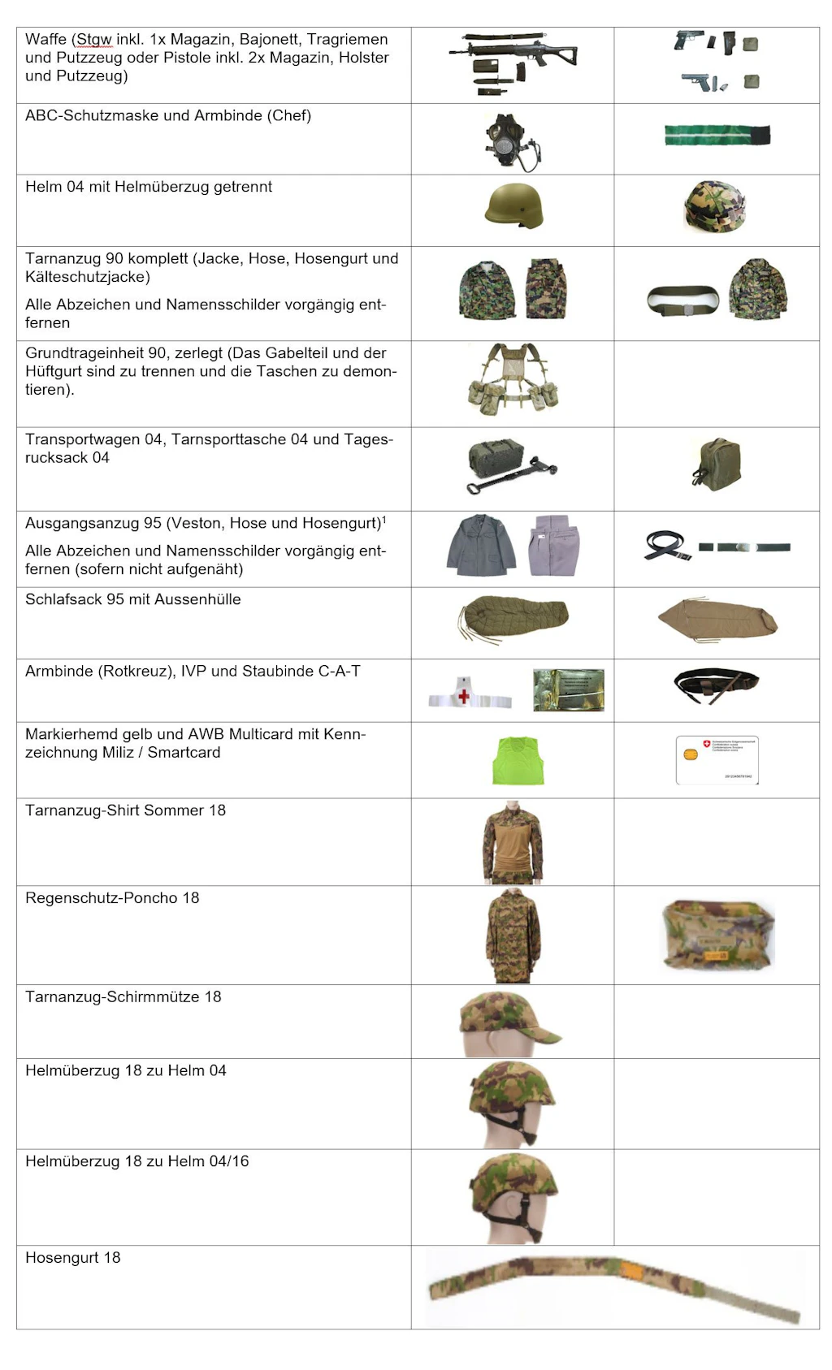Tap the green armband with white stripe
coord(717,136)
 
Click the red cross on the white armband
coord(464,696)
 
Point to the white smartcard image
coord(717,759)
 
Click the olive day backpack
coord(717,465)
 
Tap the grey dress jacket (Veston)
coord(481,546)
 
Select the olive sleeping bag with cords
coord(514,618)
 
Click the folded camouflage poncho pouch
coord(718,935)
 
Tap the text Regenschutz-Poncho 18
coord(112,898)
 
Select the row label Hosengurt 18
coord(72,1258)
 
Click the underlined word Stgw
coord(94,40)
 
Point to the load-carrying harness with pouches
coord(513,380)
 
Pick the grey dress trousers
coord(554,545)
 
